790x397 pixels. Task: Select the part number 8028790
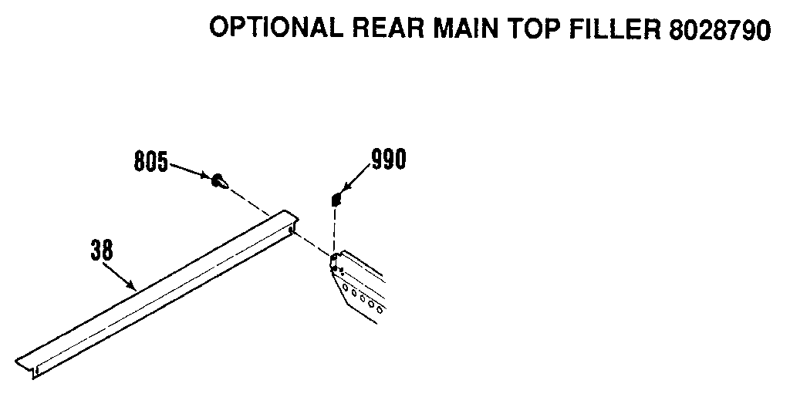(717, 28)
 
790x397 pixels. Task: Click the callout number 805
(150, 163)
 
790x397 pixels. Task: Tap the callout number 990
(388, 160)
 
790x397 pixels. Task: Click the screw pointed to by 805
(218, 181)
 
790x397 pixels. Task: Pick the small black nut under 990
(336, 200)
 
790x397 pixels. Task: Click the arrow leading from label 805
(189, 171)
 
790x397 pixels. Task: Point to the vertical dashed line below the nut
(335, 227)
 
